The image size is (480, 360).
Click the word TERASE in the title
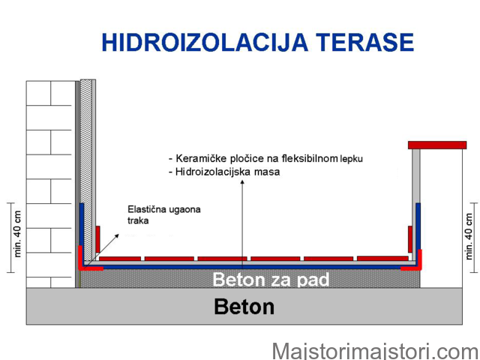[364, 42]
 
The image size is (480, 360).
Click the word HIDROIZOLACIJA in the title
[205, 42]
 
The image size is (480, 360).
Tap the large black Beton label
[244, 307]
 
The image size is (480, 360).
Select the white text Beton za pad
[271, 280]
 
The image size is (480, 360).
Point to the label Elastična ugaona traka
[164, 215]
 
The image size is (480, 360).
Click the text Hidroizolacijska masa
[227, 172]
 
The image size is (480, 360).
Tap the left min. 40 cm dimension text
[17, 234]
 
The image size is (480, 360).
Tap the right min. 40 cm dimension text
[469, 237]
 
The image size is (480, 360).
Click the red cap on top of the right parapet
[437, 145]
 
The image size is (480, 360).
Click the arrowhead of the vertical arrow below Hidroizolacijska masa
[242, 183]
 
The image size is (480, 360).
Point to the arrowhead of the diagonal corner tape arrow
[117, 236]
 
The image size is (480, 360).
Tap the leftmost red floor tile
[120, 259]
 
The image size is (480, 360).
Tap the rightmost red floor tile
[382, 259]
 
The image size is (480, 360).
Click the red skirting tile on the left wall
[97, 239]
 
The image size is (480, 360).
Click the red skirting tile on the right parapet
[410, 239]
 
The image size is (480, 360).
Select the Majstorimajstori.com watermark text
[376, 352]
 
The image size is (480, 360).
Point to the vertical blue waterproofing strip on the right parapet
[418, 226]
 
